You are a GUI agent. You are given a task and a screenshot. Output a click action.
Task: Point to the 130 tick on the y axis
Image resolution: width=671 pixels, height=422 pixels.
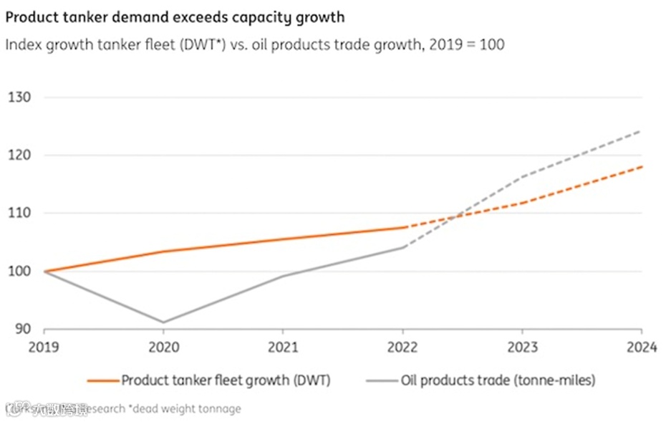click(19, 97)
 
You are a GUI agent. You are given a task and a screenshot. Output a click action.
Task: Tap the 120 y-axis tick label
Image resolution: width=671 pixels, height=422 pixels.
click(19, 155)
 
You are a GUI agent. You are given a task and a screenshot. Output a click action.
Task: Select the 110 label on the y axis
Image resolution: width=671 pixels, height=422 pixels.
click(19, 213)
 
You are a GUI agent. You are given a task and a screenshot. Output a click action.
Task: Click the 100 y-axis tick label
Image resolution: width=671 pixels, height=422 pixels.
click(19, 271)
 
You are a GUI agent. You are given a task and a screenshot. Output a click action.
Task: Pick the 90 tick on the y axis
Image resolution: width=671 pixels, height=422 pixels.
click(23, 329)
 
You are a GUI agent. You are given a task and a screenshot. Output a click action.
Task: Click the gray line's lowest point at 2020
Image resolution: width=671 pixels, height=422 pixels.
click(163, 322)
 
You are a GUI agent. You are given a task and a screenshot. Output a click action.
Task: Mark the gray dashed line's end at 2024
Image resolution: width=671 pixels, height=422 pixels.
click(641, 130)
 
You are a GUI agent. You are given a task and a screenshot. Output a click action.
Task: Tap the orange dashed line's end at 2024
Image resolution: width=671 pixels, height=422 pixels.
click(641, 166)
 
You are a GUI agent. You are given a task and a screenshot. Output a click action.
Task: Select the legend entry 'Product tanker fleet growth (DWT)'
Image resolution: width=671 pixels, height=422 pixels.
click(226, 380)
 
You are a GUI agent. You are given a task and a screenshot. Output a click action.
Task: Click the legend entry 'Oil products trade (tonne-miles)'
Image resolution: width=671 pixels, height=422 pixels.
click(498, 380)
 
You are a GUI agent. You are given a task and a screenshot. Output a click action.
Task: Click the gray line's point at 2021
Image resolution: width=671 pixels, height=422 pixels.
click(283, 276)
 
